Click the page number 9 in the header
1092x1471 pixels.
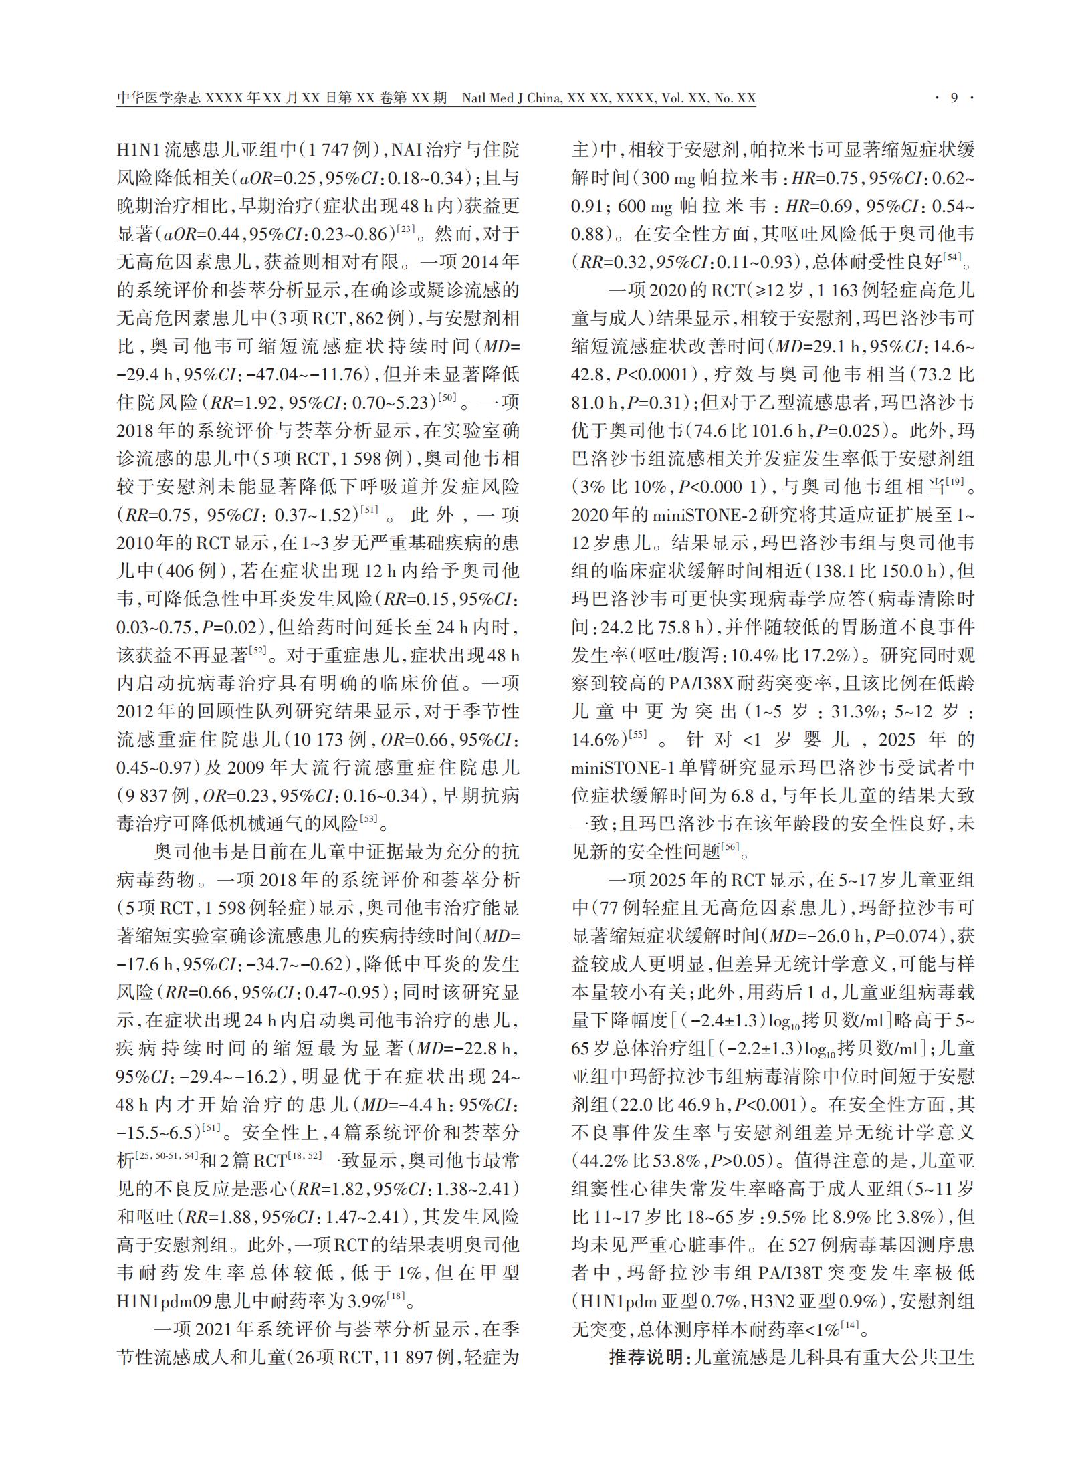tap(954, 98)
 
